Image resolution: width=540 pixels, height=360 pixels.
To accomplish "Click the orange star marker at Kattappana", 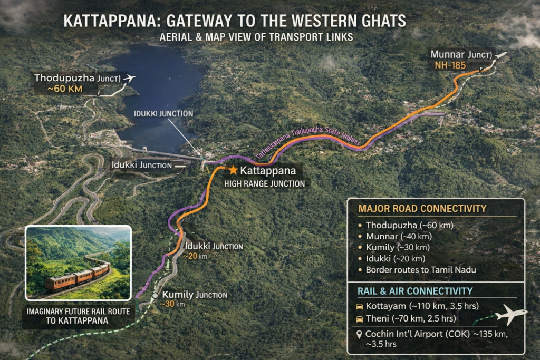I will click(x=233, y=170).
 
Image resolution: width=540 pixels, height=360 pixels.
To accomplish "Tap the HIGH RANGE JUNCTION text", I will click(x=264, y=184).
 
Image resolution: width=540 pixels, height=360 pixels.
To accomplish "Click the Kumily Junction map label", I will click(x=195, y=295).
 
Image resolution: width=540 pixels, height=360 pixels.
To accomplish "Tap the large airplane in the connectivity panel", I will click(x=510, y=314).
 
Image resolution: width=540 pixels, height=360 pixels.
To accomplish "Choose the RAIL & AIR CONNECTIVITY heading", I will click(x=414, y=291).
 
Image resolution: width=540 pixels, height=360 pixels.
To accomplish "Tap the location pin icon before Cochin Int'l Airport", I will click(x=359, y=334).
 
